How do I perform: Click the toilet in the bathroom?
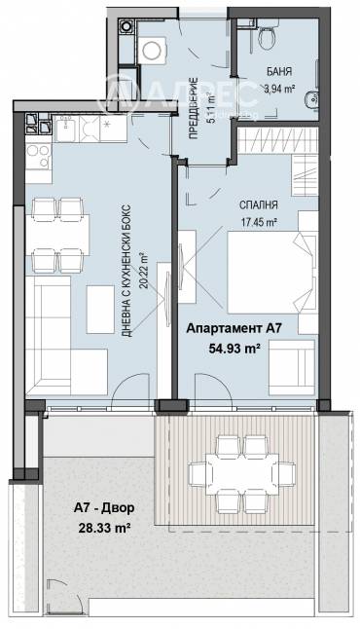coord(268,35)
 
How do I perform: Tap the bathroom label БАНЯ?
coord(279,72)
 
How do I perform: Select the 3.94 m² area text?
coord(279,89)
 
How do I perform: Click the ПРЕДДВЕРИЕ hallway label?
coord(193,108)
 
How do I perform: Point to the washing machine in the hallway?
coord(155,50)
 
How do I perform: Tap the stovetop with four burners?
coord(39,157)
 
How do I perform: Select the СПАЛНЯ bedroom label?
coord(259,205)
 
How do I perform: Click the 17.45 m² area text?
coord(260,221)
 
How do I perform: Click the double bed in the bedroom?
coord(271,272)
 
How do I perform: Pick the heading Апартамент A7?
coord(234,328)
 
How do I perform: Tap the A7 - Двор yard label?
coord(104,508)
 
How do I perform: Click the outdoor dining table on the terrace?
coord(241,474)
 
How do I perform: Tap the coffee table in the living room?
coord(100,310)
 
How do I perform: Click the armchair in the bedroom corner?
coord(292,367)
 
